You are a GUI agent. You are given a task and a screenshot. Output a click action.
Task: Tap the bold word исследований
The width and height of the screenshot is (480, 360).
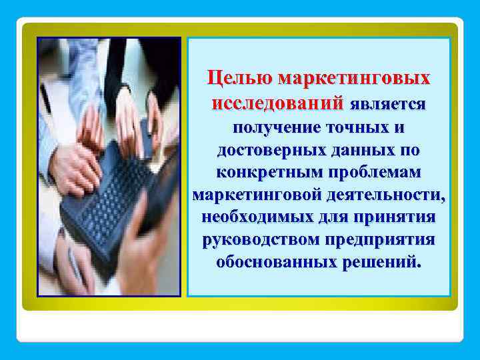277,105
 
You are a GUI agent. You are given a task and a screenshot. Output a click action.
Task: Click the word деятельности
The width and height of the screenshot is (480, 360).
386,195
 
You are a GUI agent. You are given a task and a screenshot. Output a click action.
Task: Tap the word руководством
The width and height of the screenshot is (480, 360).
261,239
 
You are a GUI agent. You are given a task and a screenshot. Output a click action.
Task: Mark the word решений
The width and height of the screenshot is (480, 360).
381,262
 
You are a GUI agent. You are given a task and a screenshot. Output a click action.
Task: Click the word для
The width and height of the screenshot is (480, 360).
332,217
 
